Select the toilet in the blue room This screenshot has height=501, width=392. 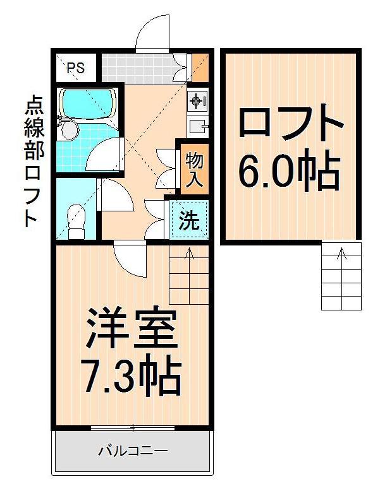(76, 221)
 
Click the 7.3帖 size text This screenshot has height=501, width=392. (131, 376)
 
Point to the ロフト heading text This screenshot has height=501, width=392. (291, 124)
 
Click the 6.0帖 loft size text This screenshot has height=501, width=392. (290, 169)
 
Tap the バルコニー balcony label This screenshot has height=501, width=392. (132, 452)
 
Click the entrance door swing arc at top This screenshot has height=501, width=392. (152, 32)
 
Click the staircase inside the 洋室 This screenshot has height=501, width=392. (188, 275)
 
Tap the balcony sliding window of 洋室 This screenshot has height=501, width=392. (132, 428)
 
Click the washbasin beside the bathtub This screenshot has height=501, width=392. (69, 130)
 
